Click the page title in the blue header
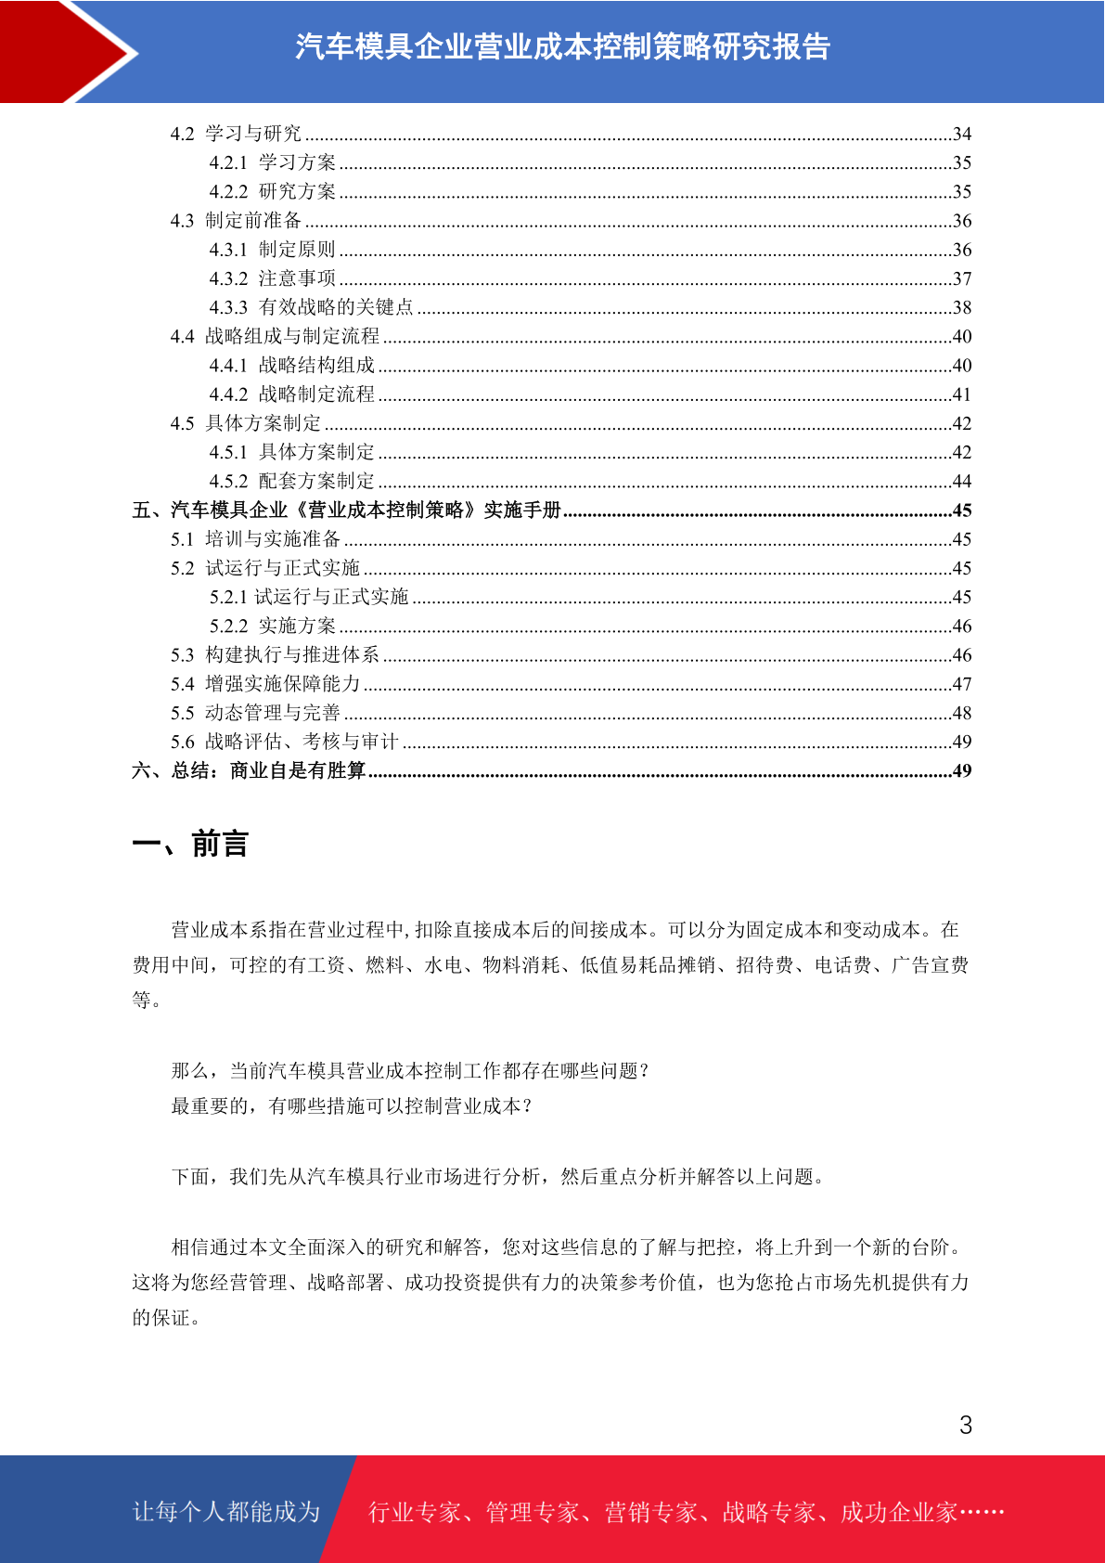[x=562, y=46]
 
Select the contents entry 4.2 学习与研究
[x=236, y=134]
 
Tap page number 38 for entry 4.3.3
[x=962, y=307]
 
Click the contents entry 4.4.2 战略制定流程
[x=292, y=394]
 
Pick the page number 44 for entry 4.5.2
[x=962, y=482]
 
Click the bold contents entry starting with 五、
[x=347, y=510]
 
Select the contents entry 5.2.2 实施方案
[x=273, y=626]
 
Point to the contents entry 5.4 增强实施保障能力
[x=265, y=684]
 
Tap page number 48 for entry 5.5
[x=962, y=714]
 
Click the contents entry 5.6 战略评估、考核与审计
[x=284, y=742]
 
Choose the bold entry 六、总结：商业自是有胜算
[x=249, y=771]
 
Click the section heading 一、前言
[x=190, y=845]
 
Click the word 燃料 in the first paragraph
[x=385, y=965]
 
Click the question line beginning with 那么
[x=410, y=1071]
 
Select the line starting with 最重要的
[x=352, y=1106]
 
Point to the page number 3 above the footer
[x=966, y=1426]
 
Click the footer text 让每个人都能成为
[x=226, y=1512]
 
